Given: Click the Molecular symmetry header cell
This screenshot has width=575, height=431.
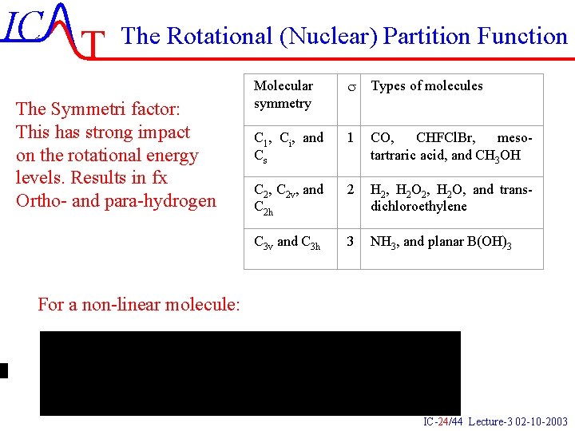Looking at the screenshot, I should pyautogui.click(x=284, y=94).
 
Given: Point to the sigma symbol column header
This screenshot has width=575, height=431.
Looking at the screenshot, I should pyautogui.click(x=350, y=86).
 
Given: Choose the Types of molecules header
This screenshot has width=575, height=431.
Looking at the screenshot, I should pyautogui.click(x=427, y=85).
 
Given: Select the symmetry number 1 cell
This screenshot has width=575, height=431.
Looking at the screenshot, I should pyautogui.click(x=350, y=138).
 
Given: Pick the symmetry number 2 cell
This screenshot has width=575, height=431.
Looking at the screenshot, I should pyautogui.click(x=350, y=190).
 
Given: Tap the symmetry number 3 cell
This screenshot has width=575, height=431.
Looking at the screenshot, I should pyautogui.click(x=350, y=241).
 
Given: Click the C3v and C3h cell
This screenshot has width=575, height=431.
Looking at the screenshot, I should pyautogui.click(x=287, y=242).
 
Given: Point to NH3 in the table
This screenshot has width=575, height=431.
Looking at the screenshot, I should pyautogui.click(x=383, y=242).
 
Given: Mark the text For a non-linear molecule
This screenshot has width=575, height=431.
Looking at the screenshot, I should pyautogui.click(x=138, y=303).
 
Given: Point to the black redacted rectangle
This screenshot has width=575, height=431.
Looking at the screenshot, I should pyautogui.click(x=250, y=373).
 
